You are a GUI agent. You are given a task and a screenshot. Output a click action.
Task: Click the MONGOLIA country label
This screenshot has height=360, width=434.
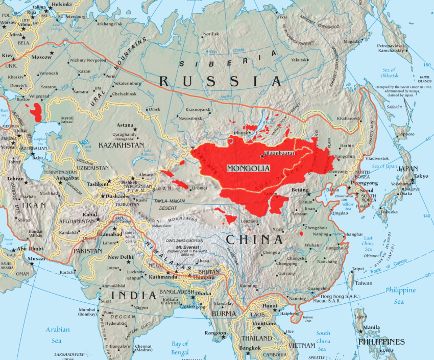point(248,167)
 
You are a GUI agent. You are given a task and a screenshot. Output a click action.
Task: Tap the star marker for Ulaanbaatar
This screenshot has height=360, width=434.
point(262,156)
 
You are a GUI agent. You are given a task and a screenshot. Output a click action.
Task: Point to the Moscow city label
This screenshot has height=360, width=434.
point(41,57)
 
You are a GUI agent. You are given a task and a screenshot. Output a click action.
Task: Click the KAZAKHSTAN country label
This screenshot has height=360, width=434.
point(120,145)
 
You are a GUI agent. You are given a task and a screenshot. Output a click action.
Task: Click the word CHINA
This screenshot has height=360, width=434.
point(255,239)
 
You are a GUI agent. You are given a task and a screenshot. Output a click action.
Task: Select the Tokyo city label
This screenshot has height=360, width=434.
point(421,176)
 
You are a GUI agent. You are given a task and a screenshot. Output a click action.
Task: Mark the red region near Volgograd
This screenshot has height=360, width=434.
point(36,110)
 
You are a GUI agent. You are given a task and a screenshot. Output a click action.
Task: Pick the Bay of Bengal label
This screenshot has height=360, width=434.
point(179,348)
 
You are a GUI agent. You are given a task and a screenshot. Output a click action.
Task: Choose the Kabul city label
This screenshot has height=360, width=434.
point(90,214)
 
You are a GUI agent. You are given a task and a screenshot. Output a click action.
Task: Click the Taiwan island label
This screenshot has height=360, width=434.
point(364,283)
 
